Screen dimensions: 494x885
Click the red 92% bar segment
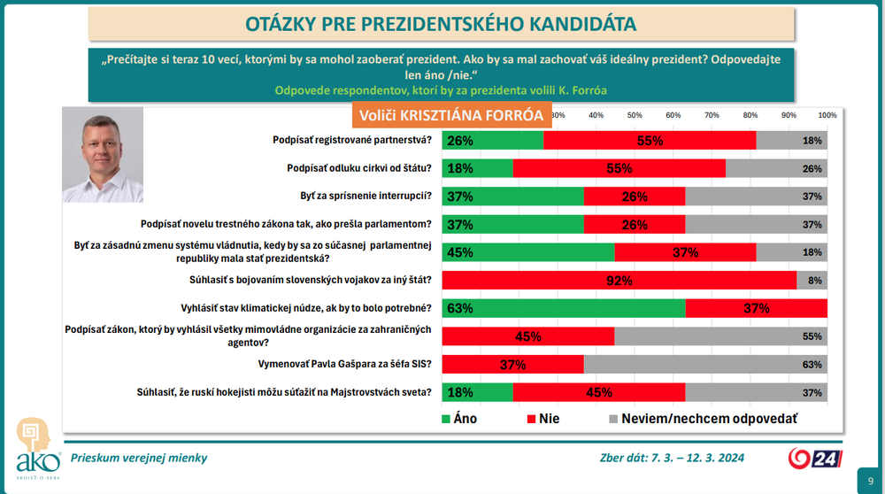pos(619,280)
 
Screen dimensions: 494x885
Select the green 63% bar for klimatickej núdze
pos(563,308)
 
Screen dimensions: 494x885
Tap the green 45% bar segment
pos(527,251)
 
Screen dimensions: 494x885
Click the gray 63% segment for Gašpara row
pos(704,364)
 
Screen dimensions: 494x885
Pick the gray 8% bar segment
pos(812,280)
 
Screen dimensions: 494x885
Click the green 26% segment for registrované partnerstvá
pos(492,140)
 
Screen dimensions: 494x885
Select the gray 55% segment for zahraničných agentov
pos(720,336)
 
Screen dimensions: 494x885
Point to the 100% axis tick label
pos(827,115)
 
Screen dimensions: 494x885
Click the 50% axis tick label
pos(635,115)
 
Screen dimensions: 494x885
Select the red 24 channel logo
pos(812,458)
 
